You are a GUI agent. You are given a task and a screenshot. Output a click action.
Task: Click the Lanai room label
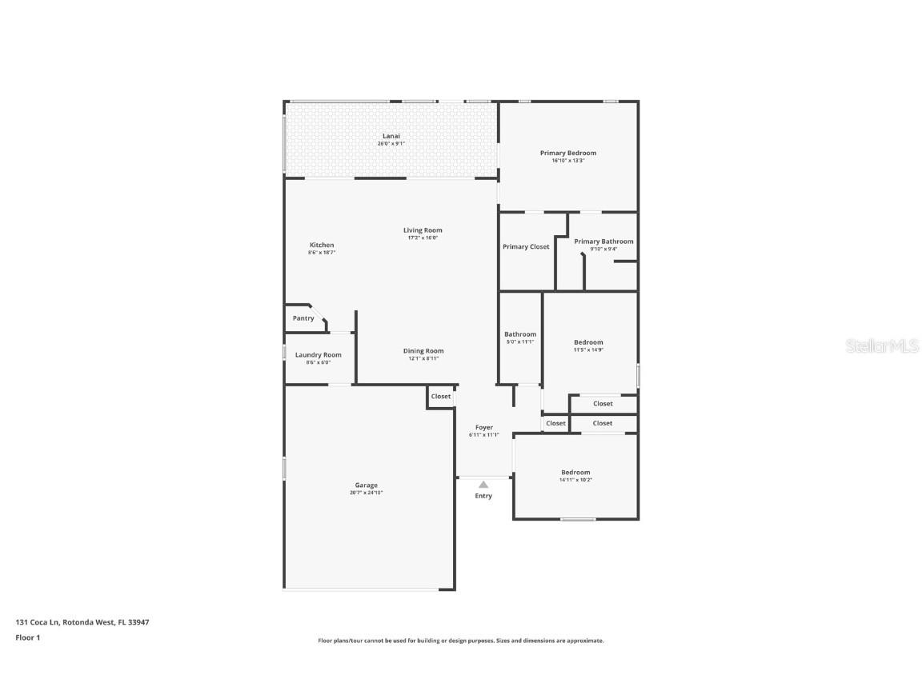click(391, 136)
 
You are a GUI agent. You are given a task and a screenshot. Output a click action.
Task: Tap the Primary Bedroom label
click(567, 153)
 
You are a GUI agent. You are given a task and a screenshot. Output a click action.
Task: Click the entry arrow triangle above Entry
click(483, 484)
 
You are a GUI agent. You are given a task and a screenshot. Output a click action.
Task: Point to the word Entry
click(483, 496)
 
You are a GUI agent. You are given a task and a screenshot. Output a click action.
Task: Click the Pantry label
click(303, 318)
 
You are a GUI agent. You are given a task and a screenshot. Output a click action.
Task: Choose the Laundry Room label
click(318, 355)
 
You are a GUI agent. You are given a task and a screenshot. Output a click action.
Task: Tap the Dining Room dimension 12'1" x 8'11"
click(423, 358)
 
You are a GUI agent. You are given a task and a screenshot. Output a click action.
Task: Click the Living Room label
click(423, 230)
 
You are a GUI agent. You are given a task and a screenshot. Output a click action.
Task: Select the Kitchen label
click(322, 245)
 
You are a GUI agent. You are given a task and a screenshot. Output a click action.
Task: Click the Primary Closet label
click(526, 246)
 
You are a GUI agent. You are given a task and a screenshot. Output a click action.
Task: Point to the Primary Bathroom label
click(603, 241)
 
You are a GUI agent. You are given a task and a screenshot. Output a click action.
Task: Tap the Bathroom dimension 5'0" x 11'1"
click(520, 342)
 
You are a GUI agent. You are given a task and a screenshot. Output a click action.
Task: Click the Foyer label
click(483, 427)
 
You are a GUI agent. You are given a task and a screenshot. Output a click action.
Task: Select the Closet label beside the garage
click(441, 396)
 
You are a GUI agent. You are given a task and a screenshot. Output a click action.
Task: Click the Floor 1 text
click(27, 637)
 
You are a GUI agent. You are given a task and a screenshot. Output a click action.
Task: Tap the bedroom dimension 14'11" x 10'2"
click(575, 480)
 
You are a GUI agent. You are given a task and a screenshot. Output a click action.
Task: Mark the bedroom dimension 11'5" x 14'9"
click(588, 349)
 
